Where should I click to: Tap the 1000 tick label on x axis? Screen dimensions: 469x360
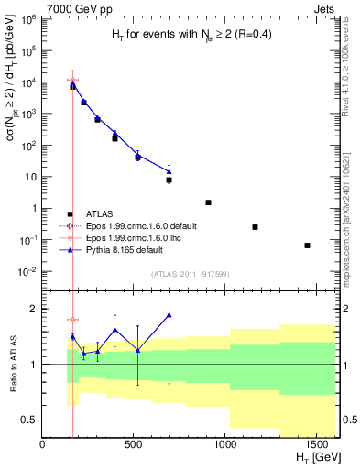coord(225,445)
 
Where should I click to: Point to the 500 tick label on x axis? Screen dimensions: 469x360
coord(134,445)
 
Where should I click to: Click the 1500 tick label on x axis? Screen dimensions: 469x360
coord(316,445)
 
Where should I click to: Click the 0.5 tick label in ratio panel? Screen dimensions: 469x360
coord(28,420)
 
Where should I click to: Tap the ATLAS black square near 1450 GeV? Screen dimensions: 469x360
coord(307,245)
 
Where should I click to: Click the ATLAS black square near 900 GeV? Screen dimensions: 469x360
coord(208,202)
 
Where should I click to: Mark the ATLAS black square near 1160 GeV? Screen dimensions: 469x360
coord(255,227)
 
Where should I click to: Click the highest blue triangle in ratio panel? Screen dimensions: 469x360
coord(169,315)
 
